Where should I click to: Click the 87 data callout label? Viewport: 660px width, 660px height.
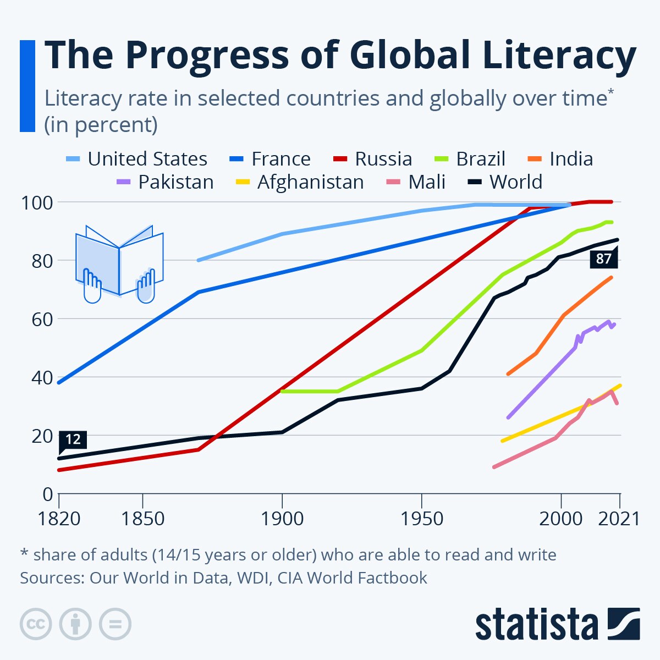coord(603,258)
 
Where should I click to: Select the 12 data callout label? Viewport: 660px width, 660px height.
coord(73,439)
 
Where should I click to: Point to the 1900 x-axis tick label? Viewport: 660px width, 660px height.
coord(282,519)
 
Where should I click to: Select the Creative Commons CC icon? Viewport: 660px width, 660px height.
coord(36,624)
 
